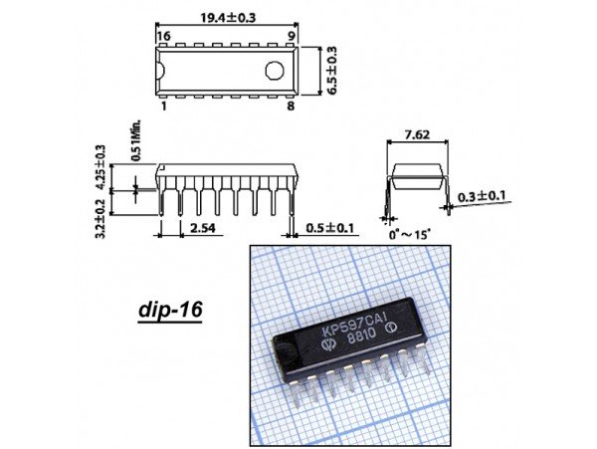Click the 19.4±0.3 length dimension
click(x=228, y=17)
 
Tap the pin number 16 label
click(x=164, y=36)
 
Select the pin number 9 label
click(x=292, y=36)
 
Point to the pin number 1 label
click(x=164, y=106)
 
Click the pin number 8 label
click(x=291, y=106)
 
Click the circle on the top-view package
click(x=275, y=71)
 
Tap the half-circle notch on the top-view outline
click(x=160, y=71)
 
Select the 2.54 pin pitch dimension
click(x=202, y=228)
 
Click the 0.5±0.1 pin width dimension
click(x=329, y=228)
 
